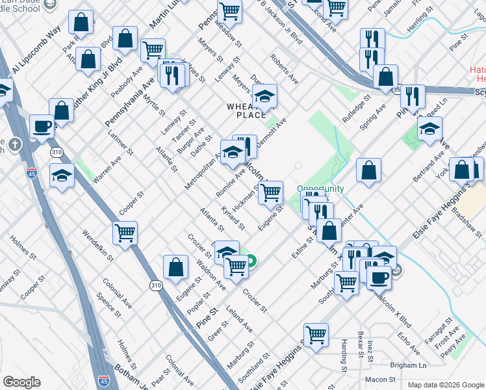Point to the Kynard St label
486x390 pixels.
[x=233, y=218]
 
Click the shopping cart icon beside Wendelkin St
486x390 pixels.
[x=125, y=232]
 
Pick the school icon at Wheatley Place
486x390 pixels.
[x=264, y=97]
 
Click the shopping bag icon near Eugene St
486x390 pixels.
[x=175, y=266]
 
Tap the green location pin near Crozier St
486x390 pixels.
[x=250, y=261]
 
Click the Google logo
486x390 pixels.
[x=21, y=382]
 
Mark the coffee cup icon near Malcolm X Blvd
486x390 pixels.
[x=379, y=277]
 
